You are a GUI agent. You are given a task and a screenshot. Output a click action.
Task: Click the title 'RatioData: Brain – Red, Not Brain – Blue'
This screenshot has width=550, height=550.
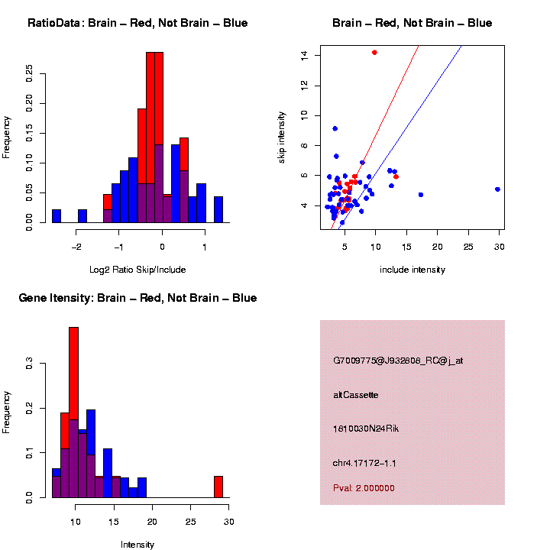[x=137, y=24]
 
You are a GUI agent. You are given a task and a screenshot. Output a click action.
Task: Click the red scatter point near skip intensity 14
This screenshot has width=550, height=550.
[x=374, y=52]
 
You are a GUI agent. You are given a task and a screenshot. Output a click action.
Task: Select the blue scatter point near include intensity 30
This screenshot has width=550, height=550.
[x=497, y=189]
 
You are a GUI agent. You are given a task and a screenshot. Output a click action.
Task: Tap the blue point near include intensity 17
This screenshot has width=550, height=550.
[x=420, y=195]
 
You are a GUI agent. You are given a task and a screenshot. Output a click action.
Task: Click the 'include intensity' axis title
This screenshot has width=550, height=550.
[x=412, y=270]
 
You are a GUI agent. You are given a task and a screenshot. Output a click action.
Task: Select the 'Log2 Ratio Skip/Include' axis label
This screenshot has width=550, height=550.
[x=137, y=270]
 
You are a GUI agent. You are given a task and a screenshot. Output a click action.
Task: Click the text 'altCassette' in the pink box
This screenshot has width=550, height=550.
[x=356, y=395]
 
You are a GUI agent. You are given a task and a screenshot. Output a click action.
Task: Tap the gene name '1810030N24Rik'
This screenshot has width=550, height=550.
[x=366, y=429]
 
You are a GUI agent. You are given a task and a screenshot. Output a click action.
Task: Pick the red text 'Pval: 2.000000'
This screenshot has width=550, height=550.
[x=364, y=488]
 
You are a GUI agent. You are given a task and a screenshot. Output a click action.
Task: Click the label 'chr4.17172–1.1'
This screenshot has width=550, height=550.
[x=364, y=463]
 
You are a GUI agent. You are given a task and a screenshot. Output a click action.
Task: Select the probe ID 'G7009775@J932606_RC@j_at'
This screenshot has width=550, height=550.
[x=398, y=361]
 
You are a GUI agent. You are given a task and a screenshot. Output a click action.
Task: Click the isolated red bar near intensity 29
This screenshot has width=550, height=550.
[x=218, y=487]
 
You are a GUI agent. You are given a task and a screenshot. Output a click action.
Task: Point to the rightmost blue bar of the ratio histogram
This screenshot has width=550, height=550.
[x=218, y=209]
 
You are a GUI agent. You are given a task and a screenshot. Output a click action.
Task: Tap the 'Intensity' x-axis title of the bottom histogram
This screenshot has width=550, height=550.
[x=137, y=545]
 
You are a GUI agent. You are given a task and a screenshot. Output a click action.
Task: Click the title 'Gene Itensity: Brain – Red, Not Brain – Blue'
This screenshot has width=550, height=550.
[x=137, y=298]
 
